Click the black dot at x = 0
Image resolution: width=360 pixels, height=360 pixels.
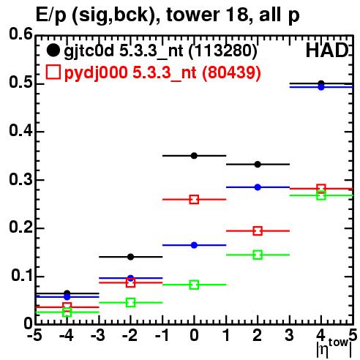click(194, 156)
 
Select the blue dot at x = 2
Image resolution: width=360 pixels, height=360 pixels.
click(258, 187)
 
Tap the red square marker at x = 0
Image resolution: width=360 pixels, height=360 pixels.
click(194, 200)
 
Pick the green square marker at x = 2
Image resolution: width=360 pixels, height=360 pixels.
click(258, 255)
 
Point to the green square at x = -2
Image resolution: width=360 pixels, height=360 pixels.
click(130, 303)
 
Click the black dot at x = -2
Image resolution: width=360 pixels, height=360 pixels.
click(130, 257)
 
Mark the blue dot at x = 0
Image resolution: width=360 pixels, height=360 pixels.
click(194, 245)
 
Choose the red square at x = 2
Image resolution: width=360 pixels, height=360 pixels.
click(258, 230)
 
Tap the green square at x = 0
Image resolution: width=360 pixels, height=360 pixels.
click(194, 285)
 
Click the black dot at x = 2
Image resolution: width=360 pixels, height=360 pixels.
click(258, 165)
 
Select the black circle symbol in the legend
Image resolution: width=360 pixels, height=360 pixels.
click(53, 50)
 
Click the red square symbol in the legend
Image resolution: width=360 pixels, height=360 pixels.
click(53, 72)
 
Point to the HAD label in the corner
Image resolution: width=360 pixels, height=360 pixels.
click(327, 50)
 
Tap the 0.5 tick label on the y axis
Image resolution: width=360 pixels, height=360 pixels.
click(20, 83)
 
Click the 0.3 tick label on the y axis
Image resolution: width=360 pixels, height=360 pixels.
click(20, 179)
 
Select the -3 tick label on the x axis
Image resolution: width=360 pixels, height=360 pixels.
click(98, 336)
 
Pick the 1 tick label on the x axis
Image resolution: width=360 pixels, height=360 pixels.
click(227, 336)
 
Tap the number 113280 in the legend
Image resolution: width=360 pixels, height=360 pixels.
click(222, 50)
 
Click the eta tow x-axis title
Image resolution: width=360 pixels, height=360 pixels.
click(334, 348)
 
